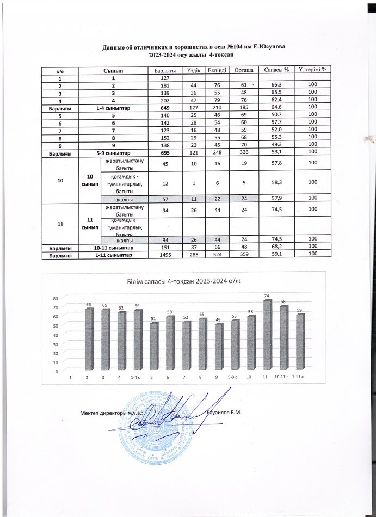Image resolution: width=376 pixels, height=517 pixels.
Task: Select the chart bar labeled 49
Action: pos(218,348)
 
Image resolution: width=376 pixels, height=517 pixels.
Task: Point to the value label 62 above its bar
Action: pos(120,308)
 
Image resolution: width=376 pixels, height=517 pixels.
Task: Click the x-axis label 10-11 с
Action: pos(281,377)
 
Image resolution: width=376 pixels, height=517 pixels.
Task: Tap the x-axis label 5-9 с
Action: pos(233,377)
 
